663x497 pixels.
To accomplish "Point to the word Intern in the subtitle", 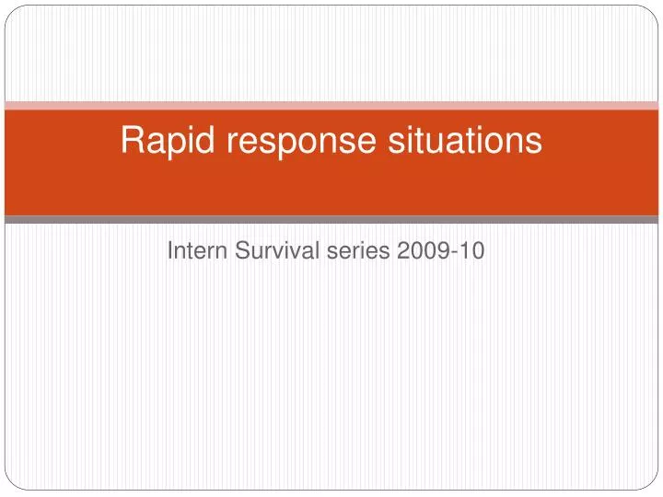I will click(x=193, y=251).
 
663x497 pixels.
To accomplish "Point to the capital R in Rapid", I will click(x=133, y=141).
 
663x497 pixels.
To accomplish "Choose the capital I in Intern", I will click(x=170, y=251).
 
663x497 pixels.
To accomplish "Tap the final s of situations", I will click(x=533, y=144).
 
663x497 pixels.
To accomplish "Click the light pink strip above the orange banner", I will click(x=331, y=105).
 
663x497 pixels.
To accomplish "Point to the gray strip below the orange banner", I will click(x=331, y=220).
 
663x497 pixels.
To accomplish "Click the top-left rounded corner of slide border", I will click(x=10, y=10).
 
